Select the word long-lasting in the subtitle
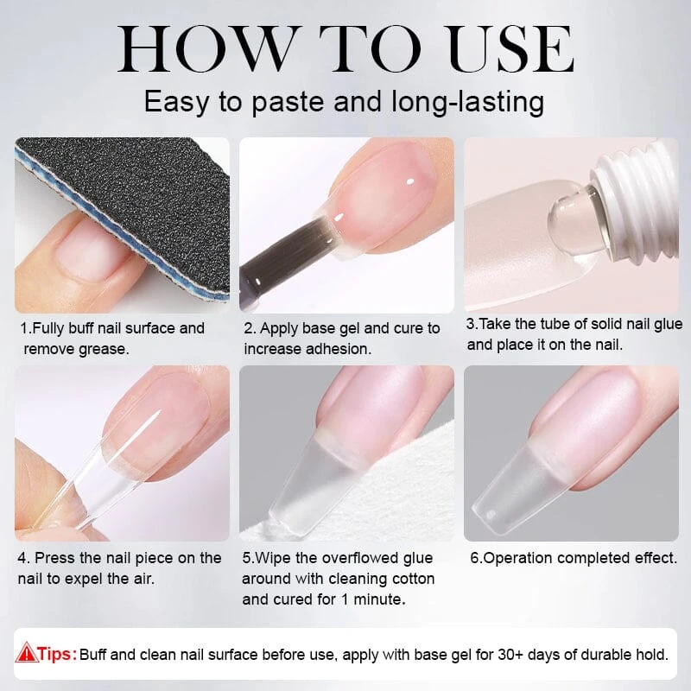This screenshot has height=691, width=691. click(x=468, y=103)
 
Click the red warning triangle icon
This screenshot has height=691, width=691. click(x=26, y=652)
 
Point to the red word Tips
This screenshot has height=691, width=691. click(x=57, y=654)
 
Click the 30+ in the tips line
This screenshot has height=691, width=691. click(x=510, y=655)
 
